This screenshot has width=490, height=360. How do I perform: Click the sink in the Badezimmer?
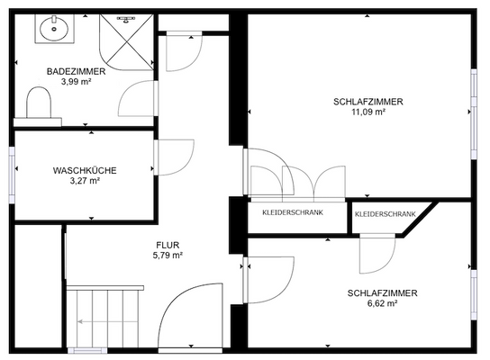click(55, 29)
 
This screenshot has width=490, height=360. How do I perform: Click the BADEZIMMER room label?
click(77, 71)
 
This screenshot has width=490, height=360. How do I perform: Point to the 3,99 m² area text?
click(77, 81)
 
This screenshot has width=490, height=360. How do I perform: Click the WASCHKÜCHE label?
click(84, 170)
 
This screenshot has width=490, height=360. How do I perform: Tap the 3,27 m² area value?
click(84, 180)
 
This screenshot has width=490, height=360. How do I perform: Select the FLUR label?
click(168, 245)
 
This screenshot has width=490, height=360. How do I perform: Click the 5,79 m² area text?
click(168, 255)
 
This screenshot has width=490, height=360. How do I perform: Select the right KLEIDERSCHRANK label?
click(386, 214)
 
